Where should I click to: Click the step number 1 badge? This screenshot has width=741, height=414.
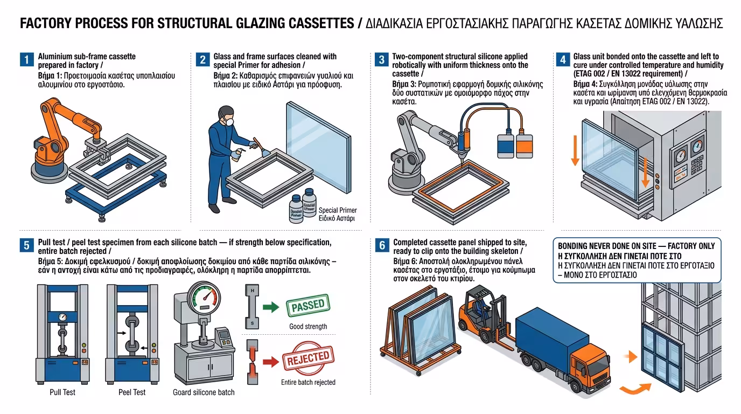pos(26,60)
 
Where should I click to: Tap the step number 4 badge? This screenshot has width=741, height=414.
pos(562,60)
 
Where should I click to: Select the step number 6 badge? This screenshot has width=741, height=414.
pos(382,246)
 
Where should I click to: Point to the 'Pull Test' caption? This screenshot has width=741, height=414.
pos(62,392)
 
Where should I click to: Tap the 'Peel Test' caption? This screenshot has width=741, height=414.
pos(132,392)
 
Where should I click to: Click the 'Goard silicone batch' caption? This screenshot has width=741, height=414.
pos(204,392)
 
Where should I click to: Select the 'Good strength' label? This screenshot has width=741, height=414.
pos(308,326)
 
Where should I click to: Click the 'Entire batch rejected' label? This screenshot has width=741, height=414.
pos(308,382)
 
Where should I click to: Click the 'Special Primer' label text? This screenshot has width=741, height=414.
pos(338,210)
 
